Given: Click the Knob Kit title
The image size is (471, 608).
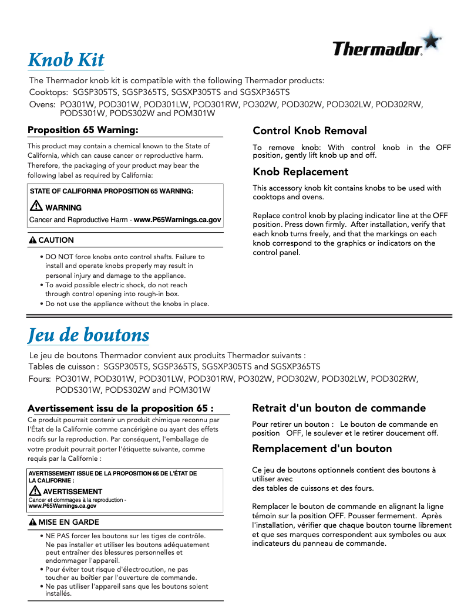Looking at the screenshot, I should click(x=66, y=60).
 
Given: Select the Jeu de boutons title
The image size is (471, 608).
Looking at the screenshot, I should click(x=89, y=335).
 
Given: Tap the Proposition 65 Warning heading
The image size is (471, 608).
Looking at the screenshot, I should click(x=83, y=130).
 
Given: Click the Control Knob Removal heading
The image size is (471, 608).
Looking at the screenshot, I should click(x=309, y=131).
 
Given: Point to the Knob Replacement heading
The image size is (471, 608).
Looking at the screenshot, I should click(x=300, y=172).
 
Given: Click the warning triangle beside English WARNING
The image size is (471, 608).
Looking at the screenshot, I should click(x=36, y=206).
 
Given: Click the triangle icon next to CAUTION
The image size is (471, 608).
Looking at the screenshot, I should click(x=33, y=240).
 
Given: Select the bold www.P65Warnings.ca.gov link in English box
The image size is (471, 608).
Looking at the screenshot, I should click(x=177, y=220).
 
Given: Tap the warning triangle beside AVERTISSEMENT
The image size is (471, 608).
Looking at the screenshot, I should click(x=35, y=491).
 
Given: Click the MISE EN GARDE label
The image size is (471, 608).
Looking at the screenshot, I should click(x=69, y=522).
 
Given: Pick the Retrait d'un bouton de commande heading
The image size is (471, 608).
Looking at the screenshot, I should click(x=339, y=407).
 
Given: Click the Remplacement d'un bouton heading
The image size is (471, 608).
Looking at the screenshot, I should click(x=322, y=449).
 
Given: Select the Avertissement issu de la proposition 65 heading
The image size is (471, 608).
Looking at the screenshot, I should click(x=120, y=408).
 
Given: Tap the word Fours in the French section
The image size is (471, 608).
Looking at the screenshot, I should click(x=39, y=379).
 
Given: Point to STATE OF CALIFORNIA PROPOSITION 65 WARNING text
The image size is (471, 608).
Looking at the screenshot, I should click(x=112, y=191).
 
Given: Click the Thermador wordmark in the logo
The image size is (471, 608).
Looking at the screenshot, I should click(x=377, y=49).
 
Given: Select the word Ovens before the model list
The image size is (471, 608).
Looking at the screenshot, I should click(x=42, y=104).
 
